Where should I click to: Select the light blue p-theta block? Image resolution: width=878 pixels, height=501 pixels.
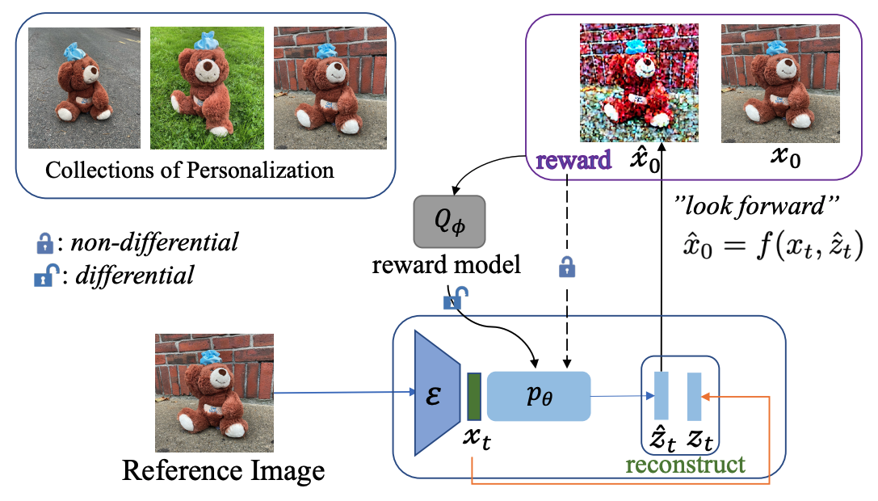pyautogui.click(x=539, y=396)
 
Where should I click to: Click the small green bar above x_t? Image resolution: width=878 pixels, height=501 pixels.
pyautogui.click(x=474, y=396)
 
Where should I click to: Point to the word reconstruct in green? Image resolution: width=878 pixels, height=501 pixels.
pyautogui.click(x=684, y=465)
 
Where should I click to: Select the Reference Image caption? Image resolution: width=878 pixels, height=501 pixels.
pyautogui.click(x=223, y=469)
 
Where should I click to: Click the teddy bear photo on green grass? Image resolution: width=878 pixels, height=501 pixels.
pyautogui.click(x=207, y=88)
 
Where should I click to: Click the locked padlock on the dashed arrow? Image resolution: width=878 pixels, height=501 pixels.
pyautogui.click(x=569, y=266)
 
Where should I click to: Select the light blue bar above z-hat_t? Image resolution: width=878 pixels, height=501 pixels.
pyautogui.click(x=662, y=396)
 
